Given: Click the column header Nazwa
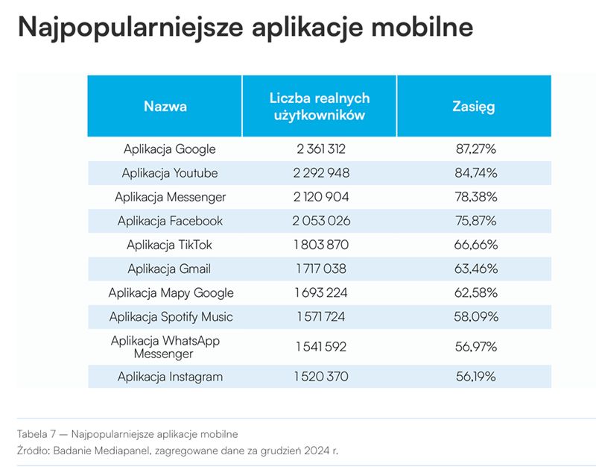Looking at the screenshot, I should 165,106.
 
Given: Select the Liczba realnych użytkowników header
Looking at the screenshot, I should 320,107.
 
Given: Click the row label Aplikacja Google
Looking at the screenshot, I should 170,148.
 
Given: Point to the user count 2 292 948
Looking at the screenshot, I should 321,173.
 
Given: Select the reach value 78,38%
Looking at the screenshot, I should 476,197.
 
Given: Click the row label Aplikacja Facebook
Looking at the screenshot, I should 170,221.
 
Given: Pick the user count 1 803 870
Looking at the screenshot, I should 321,245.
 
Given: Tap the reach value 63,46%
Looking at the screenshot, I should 476,269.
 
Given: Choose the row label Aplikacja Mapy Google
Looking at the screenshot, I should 171,292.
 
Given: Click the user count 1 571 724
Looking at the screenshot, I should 321,316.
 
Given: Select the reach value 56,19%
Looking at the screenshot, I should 476,377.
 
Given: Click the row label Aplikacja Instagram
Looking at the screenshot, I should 170,377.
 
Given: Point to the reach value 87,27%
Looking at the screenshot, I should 476,148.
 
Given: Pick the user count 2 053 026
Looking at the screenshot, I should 321,221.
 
